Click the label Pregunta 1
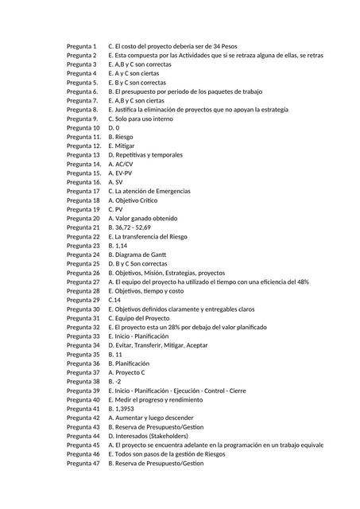coord(82,47)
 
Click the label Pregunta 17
coord(83,191)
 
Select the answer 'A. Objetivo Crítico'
coord(137,200)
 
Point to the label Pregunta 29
coord(83,300)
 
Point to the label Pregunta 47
coord(83,463)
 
